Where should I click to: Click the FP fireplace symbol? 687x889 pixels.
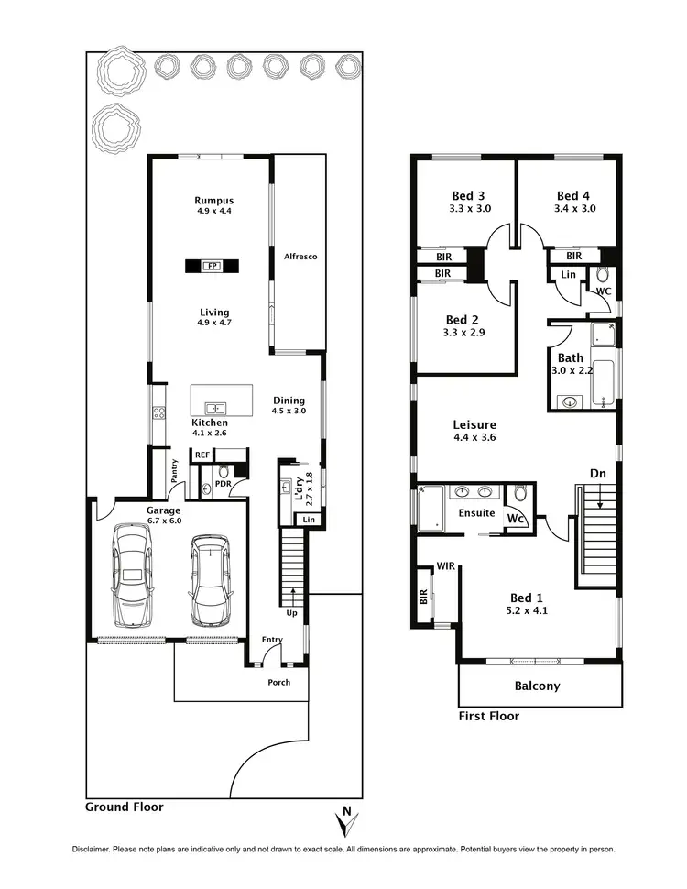[213, 266]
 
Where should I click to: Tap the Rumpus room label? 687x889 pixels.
[214, 201]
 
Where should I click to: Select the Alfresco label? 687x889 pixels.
[300, 257]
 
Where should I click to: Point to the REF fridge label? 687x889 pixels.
[202, 454]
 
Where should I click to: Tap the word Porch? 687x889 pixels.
[278, 682]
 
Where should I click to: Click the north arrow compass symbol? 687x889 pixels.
[343, 821]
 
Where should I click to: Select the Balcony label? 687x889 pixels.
[537, 686]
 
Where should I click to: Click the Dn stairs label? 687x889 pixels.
[597, 474]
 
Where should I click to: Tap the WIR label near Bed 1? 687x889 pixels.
[446, 566]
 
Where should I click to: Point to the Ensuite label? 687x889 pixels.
[477, 513]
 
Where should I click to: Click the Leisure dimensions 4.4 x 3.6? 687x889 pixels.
[474, 437]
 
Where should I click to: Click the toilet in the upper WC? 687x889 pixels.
[603, 274]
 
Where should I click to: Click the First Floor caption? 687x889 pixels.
[488, 716]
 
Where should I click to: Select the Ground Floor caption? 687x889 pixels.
[125, 807]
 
